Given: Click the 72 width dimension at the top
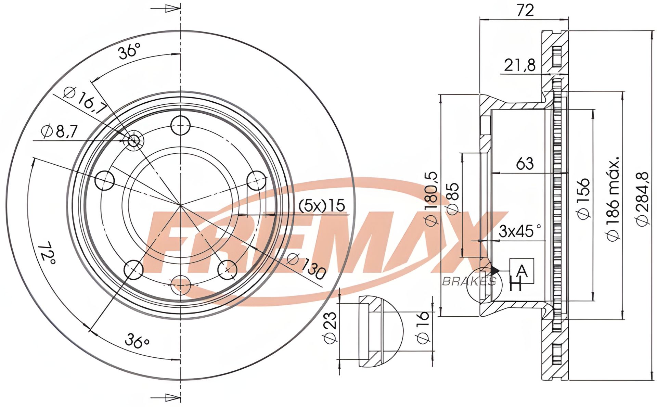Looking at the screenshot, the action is pos(525,10).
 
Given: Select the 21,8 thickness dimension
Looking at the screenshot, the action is pos(520,65).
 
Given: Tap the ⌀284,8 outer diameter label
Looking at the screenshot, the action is pos(642,199).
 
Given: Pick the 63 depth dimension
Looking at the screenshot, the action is pos(525,163).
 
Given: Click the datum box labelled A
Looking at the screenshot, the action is pos(522,271).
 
